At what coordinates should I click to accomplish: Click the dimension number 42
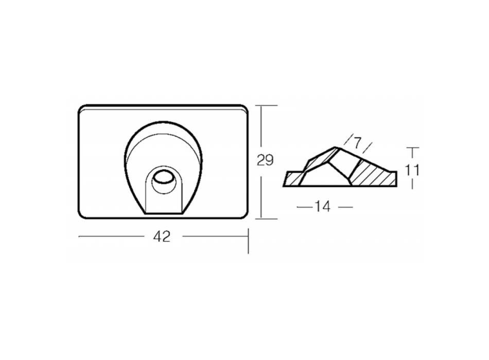pyautogui.click(x=162, y=237)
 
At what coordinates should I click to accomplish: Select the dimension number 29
pyautogui.click(x=265, y=160)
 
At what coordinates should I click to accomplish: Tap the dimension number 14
pyautogui.click(x=322, y=207)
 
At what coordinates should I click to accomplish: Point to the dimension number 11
pyautogui.click(x=412, y=170)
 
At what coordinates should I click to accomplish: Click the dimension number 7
pyautogui.click(x=357, y=143)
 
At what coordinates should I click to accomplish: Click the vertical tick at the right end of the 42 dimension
pyautogui.click(x=248, y=241)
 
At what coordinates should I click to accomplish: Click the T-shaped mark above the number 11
pyautogui.click(x=412, y=152)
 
